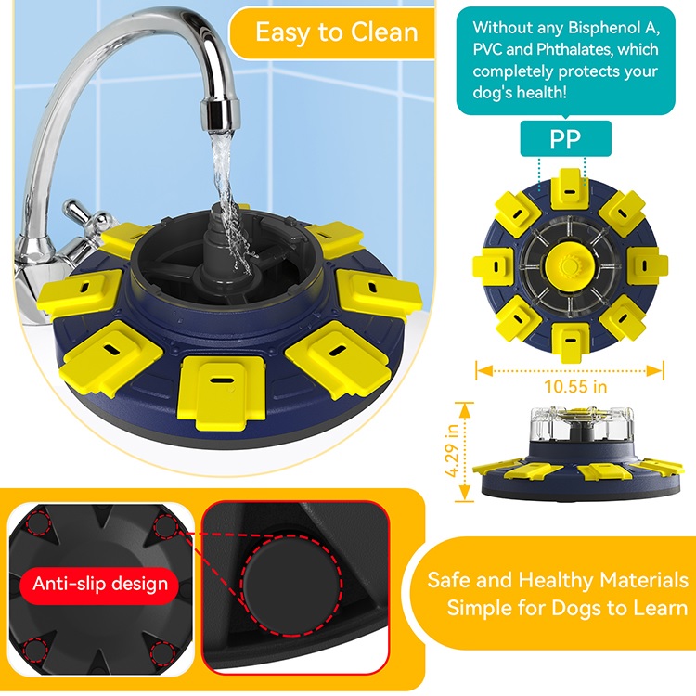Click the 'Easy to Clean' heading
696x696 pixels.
click(x=337, y=32)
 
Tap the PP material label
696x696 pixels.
click(x=565, y=138)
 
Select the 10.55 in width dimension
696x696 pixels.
click(x=575, y=387)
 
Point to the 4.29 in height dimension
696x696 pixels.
click(x=452, y=450)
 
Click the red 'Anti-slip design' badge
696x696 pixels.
click(x=100, y=584)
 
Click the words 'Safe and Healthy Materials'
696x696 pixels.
click(x=558, y=580)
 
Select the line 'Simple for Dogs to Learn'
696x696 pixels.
click(x=567, y=607)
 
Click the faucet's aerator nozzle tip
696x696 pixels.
click(x=220, y=115)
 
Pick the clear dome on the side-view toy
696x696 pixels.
click(x=582, y=423)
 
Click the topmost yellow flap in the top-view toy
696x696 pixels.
click(x=570, y=188)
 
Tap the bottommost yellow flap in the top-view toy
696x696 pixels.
click(x=571, y=342)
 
